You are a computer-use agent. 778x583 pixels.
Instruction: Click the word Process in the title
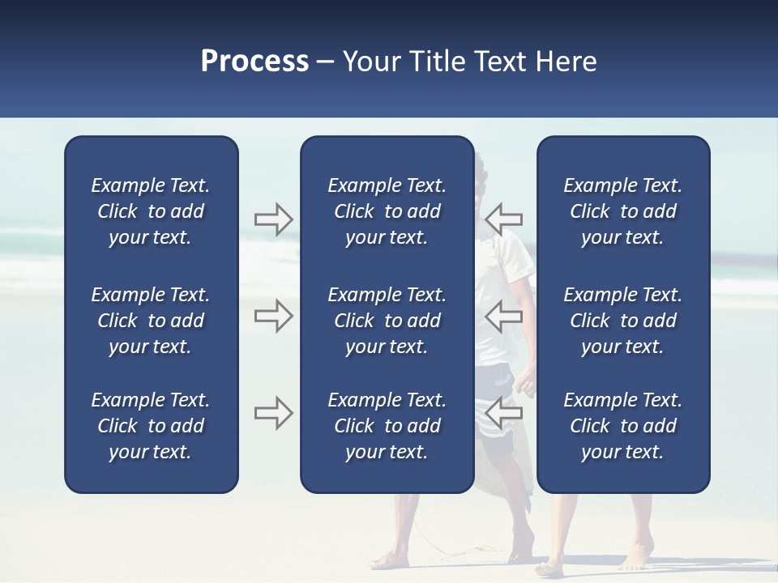pos(254,62)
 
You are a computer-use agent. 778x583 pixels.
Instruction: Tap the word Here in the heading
pos(566,62)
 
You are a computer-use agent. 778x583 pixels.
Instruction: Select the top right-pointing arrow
pos(273,219)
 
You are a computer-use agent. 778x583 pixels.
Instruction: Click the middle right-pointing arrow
pos(273,315)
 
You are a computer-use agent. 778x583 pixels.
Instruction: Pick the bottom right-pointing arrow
pos(273,413)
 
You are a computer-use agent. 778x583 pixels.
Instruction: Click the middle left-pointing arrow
pos(504,315)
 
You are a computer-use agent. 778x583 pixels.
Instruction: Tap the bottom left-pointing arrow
pos(504,413)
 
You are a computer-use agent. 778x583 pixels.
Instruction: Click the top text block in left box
pos(151,211)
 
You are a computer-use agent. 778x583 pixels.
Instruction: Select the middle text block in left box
pos(151,321)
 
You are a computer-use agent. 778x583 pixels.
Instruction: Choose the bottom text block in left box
pos(151,426)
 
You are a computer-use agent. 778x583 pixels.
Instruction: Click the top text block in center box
pos(387,211)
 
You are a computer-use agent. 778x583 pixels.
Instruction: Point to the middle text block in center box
pos(387,321)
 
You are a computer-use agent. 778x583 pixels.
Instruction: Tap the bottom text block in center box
pos(387,426)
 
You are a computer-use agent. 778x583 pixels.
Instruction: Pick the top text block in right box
pos(623,211)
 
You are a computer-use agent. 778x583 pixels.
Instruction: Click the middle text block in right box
pos(623,321)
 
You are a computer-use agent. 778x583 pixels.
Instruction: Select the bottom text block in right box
pos(623,426)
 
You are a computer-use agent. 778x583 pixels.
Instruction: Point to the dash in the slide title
pos(326,62)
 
